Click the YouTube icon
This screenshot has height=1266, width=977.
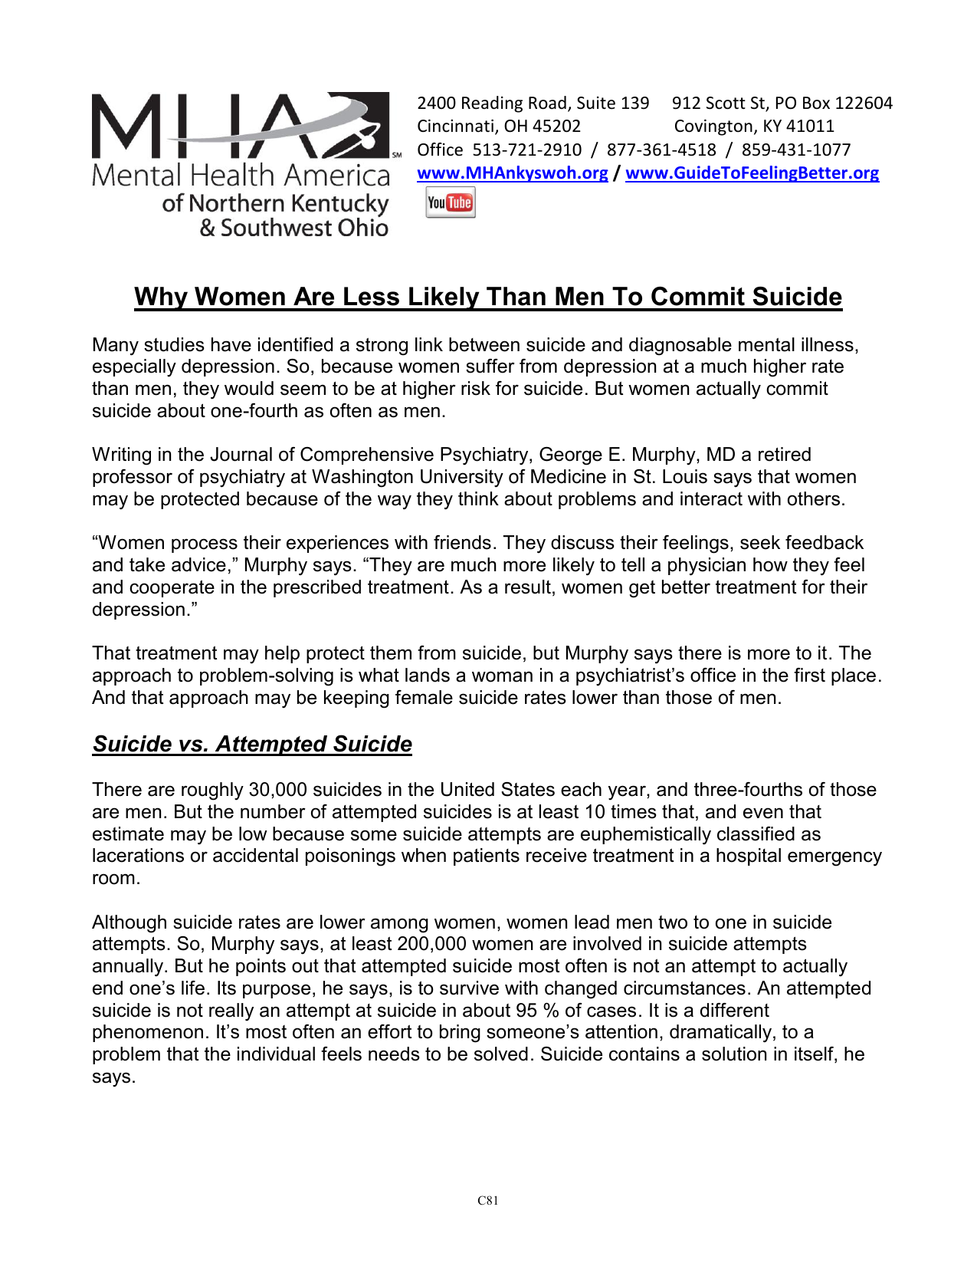point(450,203)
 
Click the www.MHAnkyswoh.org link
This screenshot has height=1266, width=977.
point(512,173)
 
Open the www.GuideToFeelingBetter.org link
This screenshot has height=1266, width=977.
point(752,173)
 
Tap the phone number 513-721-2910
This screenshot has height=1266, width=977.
point(526,150)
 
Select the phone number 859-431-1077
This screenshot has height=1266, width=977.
point(795,150)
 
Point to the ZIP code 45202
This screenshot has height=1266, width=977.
point(556,126)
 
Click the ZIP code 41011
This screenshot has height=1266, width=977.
point(809,126)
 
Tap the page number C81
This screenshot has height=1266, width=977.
point(487,1201)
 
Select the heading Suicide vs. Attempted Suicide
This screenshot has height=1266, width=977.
point(252,744)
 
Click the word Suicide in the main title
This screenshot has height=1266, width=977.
point(796,297)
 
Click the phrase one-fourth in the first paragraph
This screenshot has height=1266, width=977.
point(254,411)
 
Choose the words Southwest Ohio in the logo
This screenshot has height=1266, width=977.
point(304,228)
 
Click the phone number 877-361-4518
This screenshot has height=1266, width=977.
point(661,150)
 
